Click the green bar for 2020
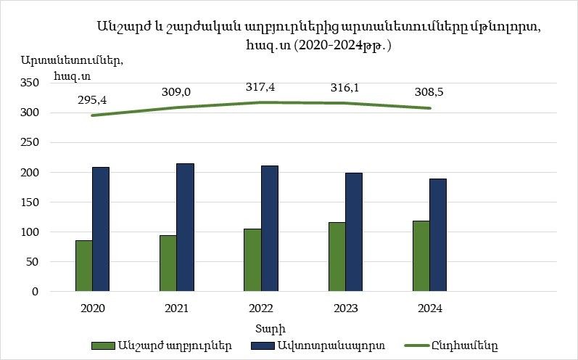coord(84,266)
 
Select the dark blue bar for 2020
coord(101,229)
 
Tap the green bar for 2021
coord(168,263)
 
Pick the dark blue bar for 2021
coord(185,227)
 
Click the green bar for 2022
coord(252,260)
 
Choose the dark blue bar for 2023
coord(354,232)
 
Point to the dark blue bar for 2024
coord(438,235)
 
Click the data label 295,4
coord(92,99)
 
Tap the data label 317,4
coord(260,87)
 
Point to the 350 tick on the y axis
coord(49,83)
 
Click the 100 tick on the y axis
coord(49,232)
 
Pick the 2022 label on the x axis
coord(260,308)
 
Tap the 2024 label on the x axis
coord(429,308)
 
